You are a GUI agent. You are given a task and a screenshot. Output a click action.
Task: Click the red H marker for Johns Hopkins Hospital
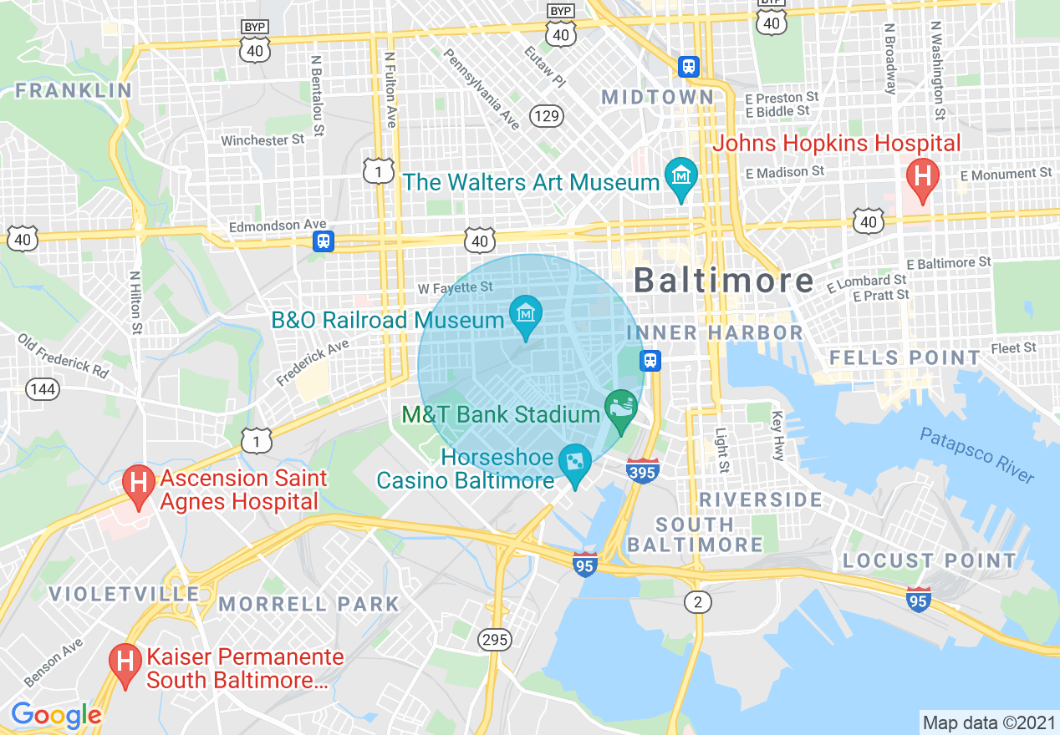tap(923, 177)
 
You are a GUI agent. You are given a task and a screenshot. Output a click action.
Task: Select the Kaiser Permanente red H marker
tap(125, 661)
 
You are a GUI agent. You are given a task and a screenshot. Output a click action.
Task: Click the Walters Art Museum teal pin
tap(680, 175)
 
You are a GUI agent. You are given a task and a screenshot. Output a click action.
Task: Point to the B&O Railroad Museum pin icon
tap(526, 315)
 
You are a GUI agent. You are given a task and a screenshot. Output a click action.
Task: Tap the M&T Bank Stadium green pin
tap(620, 408)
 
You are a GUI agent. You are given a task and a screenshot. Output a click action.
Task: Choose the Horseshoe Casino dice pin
tap(575, 462)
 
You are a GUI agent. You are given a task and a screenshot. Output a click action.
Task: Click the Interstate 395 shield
tap(642, 470)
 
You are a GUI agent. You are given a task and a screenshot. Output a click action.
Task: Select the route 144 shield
tap(42, 388)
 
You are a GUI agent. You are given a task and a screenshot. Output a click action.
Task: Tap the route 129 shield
tap(548, 115)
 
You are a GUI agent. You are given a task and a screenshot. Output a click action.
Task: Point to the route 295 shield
tap(495, 640)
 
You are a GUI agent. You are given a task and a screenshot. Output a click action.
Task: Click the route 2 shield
tap(697, 601)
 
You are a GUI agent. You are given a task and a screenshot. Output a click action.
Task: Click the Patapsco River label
tap(977, 455)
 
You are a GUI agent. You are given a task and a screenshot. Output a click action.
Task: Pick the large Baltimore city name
tap(723, 280)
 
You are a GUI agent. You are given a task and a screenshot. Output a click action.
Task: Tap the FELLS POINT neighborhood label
tap(905, 358)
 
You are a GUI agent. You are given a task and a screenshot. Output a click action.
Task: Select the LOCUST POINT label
tap(930, 560)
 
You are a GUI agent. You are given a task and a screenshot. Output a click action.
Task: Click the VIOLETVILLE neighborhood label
tap(124, 594)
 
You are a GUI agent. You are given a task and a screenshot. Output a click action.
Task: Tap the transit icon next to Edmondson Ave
tap(324, 241)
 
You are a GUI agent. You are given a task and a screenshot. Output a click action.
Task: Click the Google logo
tap(56, 715)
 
